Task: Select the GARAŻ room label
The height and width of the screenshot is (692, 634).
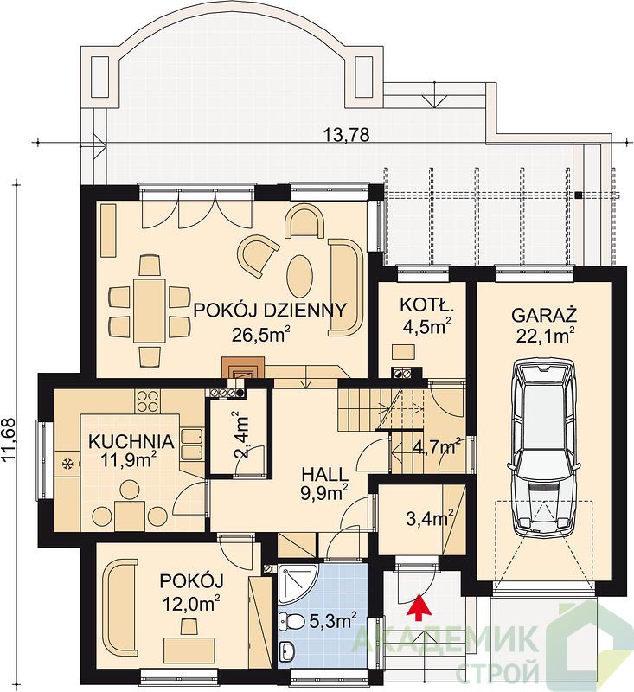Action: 544,316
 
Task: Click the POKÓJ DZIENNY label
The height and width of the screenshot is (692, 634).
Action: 270,311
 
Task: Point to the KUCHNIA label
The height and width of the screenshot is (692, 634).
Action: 131,441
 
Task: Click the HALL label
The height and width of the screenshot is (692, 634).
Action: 325,475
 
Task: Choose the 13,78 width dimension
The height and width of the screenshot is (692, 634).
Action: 346,135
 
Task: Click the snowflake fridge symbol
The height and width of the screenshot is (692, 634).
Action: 67,464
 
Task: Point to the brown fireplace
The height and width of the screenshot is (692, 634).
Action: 243,368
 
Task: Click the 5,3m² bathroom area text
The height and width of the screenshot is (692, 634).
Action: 333,621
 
